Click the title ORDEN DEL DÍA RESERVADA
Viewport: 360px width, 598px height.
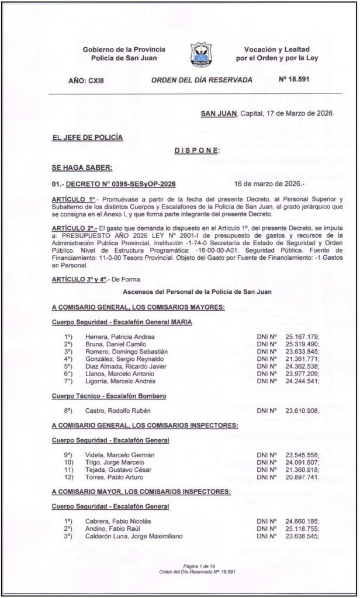(193, 79)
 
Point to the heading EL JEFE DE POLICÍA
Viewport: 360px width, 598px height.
(87, 137)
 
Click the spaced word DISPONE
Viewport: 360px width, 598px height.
(196, 151)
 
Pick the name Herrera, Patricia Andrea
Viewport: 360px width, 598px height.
(120, 337)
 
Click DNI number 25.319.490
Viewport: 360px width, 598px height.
(302, 345)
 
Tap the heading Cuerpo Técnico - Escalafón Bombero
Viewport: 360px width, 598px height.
(109, 396)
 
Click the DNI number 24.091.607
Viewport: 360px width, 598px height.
(302, 462)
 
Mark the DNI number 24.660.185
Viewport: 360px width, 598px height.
(302, 521)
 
